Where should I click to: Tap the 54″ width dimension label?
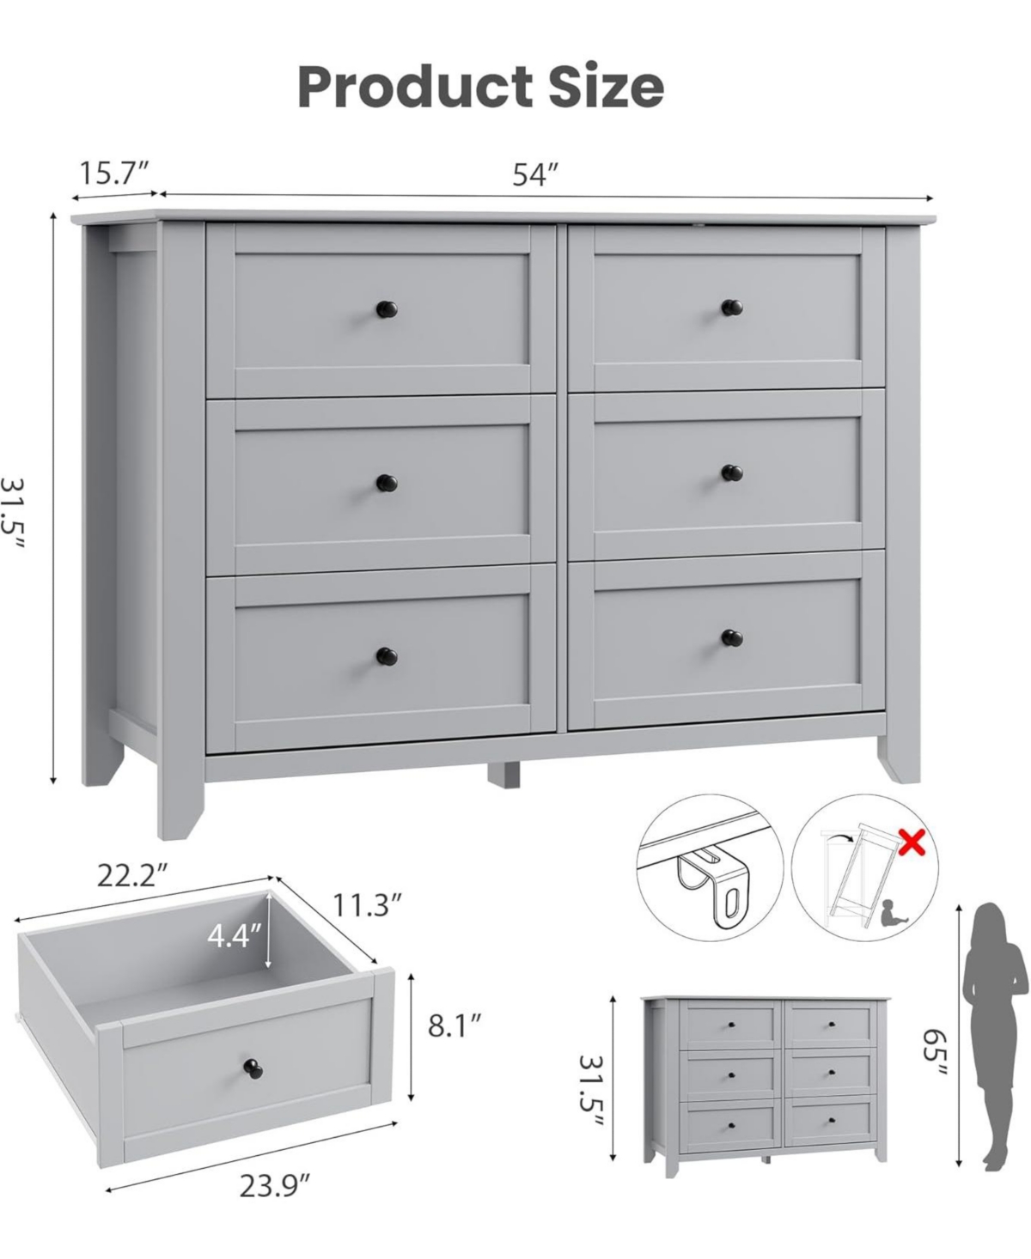[536, 174]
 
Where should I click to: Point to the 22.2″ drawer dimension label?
[131, 877]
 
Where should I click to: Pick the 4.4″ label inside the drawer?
[234, 935]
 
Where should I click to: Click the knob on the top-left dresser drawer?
[384, 307]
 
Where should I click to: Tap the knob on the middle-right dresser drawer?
[731, 472]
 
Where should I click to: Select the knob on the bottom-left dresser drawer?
[384, 657]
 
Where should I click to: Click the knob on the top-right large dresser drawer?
[731, 306]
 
